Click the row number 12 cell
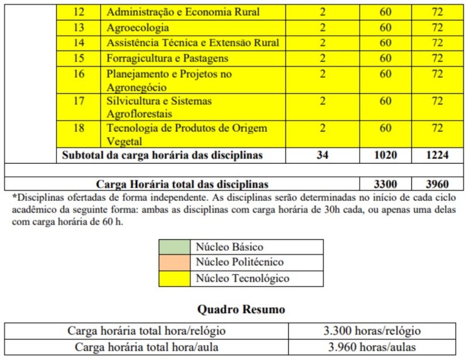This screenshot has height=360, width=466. pyautogui.click(x=78, y=12)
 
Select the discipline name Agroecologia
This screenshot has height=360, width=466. pyautogui.click(x=138, y=27)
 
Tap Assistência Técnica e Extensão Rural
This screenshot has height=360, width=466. pyautogui.click(x=192, y=42)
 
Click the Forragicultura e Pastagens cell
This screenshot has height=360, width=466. pyautogui.click(x=167, y=58)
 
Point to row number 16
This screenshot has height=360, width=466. pyautogui.click(x=78, y=73)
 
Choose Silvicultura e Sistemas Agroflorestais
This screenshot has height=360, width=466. pyautogui.click(x=159, y=107)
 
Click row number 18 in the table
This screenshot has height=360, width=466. pyautogui.click(x=78, y=128)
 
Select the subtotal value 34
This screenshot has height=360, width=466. pyautogui.click(x=322, y=155)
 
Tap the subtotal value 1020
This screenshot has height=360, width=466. pyautogui.click(x=385, y=155)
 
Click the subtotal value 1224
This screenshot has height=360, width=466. pyautogui.click(x=437, y=155)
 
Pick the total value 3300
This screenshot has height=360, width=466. pyautogui.click(x=385, y=183)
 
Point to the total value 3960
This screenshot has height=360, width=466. pyautogui.click(x=437, y=183)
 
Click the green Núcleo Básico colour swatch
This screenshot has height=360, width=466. pyautogui.click(x=174, y=247)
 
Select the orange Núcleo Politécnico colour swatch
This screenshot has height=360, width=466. pyautogui.click(x=174, y=263)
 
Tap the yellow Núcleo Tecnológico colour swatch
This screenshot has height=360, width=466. pyautogui.click(x=174, y=279)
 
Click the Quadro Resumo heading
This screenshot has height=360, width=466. pyautogui.click(x=241, y=309)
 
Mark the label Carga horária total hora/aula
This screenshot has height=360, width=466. pyautogui.click(x=147, y=347)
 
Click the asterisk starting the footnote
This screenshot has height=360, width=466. pyautogui.click(x=15, y=197)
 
